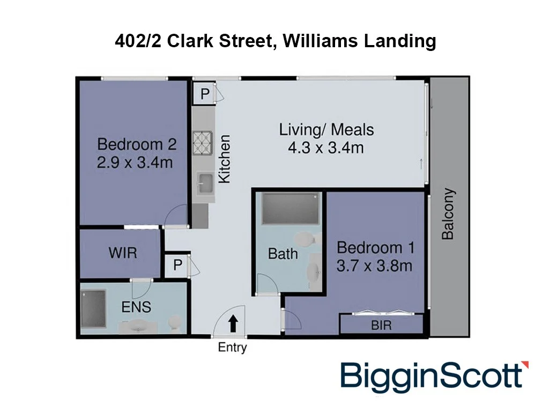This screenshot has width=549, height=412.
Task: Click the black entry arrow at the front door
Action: (233, 323)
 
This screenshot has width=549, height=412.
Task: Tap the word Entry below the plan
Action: (232, 348)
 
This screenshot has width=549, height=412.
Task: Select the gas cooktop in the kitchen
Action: (203, 143)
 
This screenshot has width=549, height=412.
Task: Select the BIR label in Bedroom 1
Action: (382, 325)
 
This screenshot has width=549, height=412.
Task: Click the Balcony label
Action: (448, 214)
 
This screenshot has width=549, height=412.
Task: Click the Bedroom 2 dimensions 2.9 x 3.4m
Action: (135, 161)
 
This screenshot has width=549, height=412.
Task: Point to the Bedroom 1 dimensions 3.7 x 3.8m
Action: (375, 265)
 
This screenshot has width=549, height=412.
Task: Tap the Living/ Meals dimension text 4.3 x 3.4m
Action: (325, 146)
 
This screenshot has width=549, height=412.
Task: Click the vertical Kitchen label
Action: (224, 159)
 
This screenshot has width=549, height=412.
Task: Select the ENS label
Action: (136, 307)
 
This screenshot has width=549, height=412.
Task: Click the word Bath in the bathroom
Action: (283, 253)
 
